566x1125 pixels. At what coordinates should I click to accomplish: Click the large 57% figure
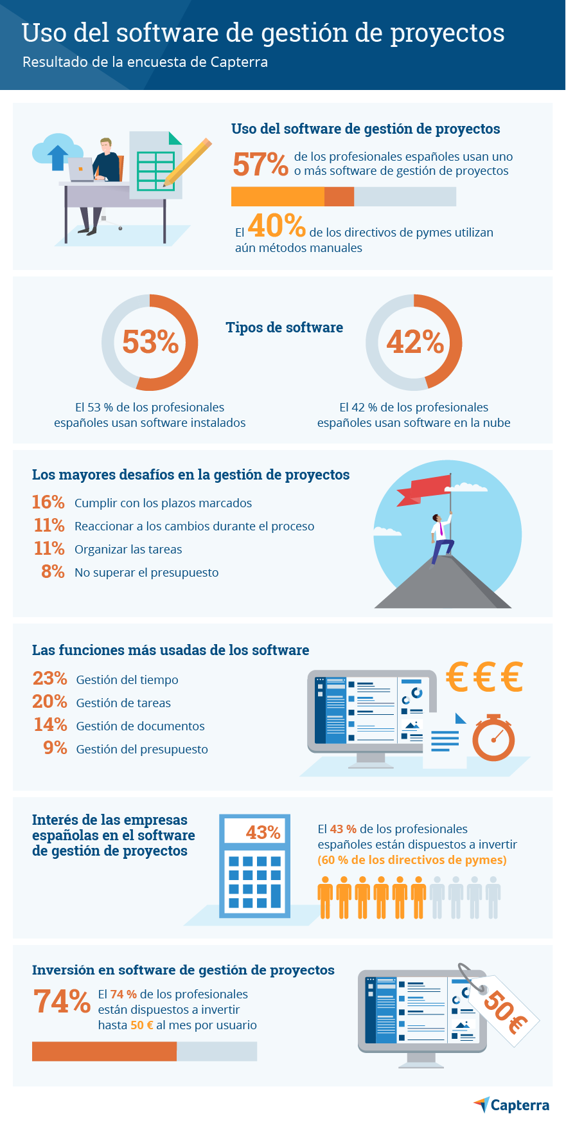click(260, 165)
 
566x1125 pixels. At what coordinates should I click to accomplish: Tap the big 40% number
click(276, 226)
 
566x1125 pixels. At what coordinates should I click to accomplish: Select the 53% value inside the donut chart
click(150, 342)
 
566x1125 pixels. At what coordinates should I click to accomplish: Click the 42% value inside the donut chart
click(414, 342)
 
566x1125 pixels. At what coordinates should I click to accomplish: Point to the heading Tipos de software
click(284, 327)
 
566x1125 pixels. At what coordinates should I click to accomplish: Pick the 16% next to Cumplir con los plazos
click(48, 502)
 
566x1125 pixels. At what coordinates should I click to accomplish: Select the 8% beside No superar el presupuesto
click(53, 571)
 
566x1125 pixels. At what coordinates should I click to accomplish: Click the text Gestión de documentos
click(140, 726)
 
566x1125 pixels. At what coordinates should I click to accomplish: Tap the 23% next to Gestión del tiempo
click(49, 679)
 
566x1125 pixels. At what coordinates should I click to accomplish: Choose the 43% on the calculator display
click(263, 833)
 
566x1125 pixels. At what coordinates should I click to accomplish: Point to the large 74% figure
click(62, 1002)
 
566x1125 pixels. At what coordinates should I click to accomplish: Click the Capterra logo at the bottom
click(511, 1105)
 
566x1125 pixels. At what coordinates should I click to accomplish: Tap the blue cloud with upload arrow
click(54, 152)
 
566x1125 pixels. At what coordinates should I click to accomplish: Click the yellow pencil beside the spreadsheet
click(187, 162)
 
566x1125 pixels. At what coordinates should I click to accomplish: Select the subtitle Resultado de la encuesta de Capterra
click(145, 62)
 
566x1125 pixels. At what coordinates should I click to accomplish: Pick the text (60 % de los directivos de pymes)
click(412, 860)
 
